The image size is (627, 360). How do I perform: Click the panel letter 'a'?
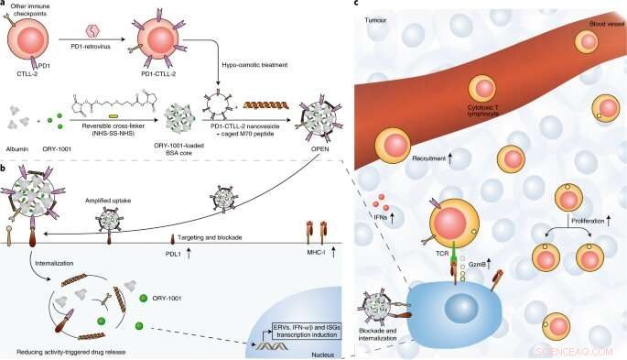[x=5, y=6]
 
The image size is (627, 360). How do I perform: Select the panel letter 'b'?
[x=5, y=168]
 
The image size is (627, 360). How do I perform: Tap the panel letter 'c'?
[x=357, y=6]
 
